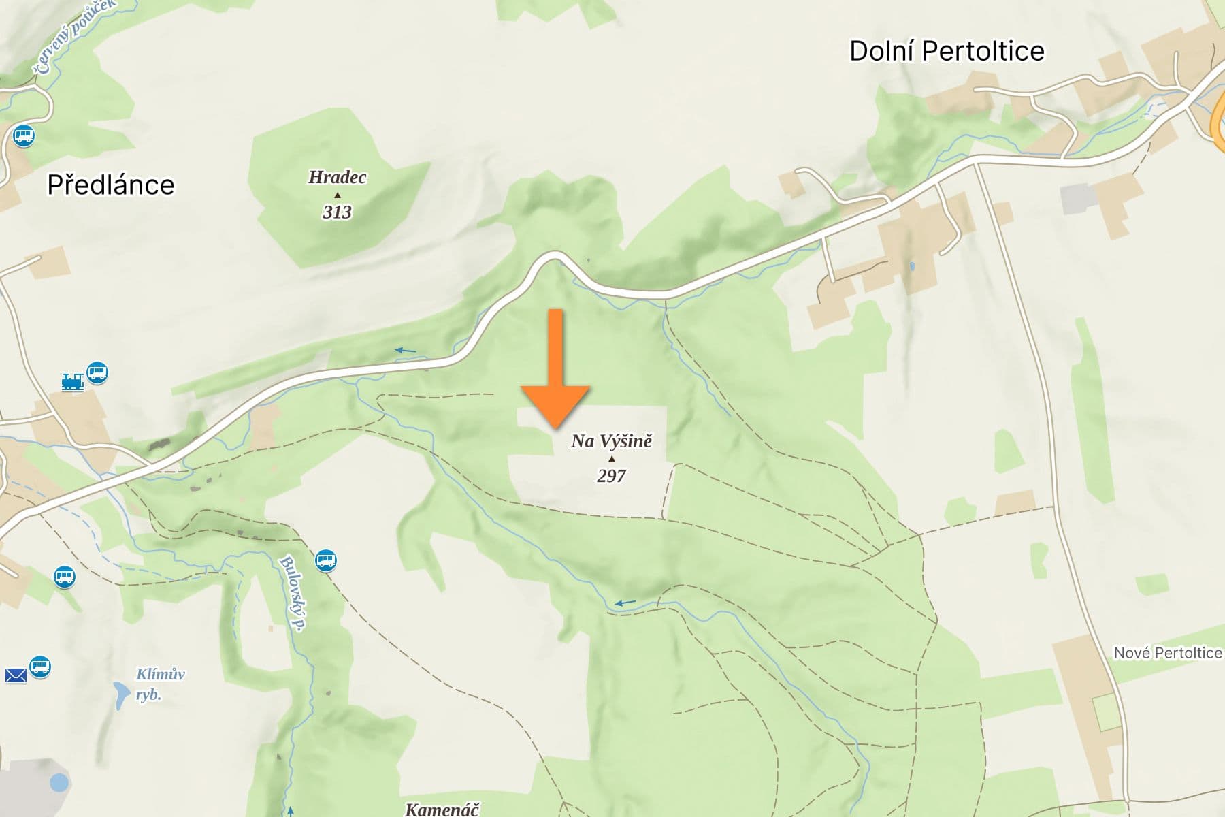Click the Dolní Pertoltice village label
click(x=947, y=52)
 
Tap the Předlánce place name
click(x=111, y=185)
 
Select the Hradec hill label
click(x=337, y=178)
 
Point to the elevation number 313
click(x=337, y=212)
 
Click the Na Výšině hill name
click(x=611, y=441)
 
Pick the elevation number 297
click(x=611, y=476)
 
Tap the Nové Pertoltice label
click(x=1167, y=653)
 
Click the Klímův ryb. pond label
click(x=160, y=684)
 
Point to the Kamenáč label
click(x=442, y=810)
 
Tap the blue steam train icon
click(x=72, y=382)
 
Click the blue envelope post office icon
click(x=16, y=675)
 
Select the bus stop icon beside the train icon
click(x=97, y=372)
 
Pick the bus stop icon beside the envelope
click(x=40, y=666)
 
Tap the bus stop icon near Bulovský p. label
click(x=326, y=561)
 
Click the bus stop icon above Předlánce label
click(x=24, y=135)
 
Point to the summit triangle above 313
click(x=337, y=195)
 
